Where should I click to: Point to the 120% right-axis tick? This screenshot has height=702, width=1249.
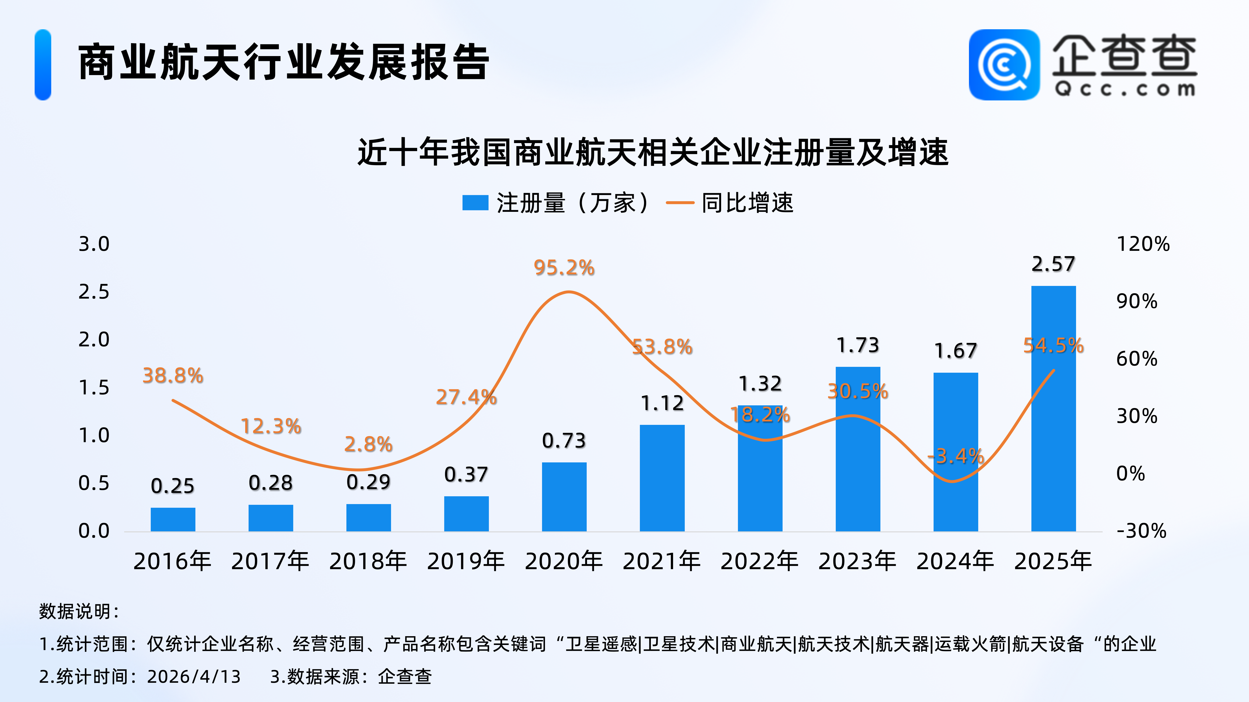[x=1143, y=244]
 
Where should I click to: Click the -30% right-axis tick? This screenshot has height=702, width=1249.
[x=1141, y=531]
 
